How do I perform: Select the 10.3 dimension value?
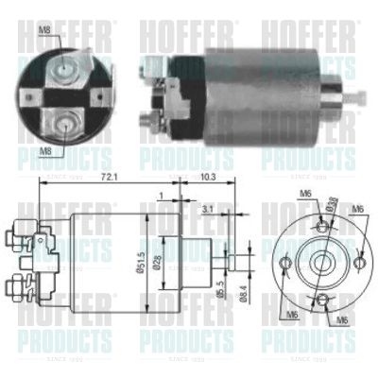tap(209, 176)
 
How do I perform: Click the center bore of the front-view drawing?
tap(321, 261)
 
